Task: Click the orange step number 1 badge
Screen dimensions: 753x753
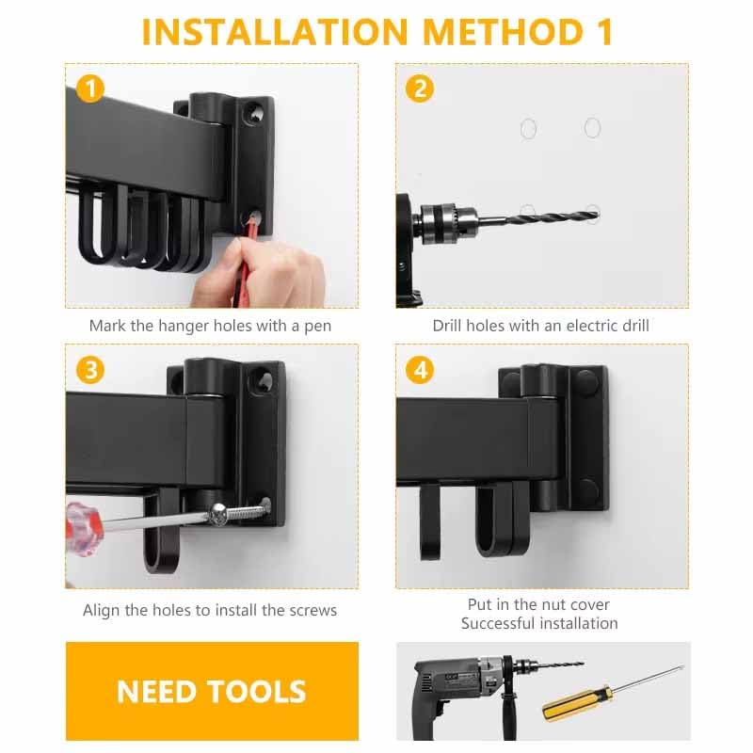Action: (90, 88)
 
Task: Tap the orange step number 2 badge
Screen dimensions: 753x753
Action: (420, 88)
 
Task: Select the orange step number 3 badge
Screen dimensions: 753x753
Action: (90, 370)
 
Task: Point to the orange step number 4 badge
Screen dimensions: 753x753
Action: (420, 370)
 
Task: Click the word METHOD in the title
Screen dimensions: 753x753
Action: (503, 32)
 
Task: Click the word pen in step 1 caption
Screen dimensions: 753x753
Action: (318, 327)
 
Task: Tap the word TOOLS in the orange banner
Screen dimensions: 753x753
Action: (258, 692)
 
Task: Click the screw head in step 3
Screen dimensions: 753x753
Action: (218, 514)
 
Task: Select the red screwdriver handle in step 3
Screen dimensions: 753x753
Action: (84, 529)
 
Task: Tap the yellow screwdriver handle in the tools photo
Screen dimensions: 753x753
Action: (577, 703)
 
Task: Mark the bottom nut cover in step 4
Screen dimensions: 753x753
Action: (587, 490)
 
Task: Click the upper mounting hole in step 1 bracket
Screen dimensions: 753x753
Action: (253, 113)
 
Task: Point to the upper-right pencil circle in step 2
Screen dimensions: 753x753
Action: (593, 128)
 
